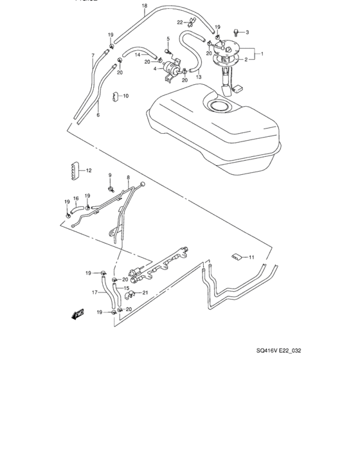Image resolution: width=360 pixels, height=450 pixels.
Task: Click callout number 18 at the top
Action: pyautogui.click(x=145, y=6)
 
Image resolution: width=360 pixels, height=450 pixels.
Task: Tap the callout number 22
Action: pyautogui.click(x=181, y=22)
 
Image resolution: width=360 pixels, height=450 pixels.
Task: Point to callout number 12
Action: pyautogui.click(x=89, y=170)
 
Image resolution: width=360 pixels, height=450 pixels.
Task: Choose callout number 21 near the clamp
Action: pyautogui.click(x=145, y=293)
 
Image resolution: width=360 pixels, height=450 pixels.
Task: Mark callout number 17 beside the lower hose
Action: pyautogui.click(x=94, y=292)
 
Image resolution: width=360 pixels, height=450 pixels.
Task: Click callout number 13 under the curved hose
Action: pyautogui.click(x=198, y=78)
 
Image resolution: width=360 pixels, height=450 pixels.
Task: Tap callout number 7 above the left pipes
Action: pyautogui.click(x=93, y=55)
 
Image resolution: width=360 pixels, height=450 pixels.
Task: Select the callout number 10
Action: pyautogui.click(x=125, y=96)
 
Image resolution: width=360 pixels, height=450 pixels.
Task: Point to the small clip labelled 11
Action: pyautogui.click(x=237, y=258)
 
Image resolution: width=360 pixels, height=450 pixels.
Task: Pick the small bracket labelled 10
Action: pyautogui.click(x=118, y=97)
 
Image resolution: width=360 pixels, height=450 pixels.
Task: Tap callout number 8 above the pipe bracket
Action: pyautogui.click(x=128, y=177)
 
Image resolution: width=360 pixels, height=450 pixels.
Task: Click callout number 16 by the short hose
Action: pyautogui.click(x=75, y=199)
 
